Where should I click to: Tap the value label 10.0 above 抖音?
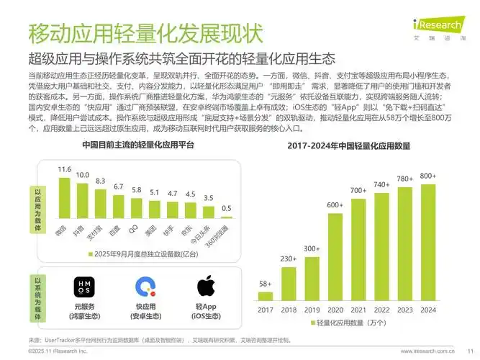(83, 176)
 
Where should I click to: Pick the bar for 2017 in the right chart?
(266, 295)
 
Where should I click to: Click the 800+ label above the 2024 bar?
(428, 176)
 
